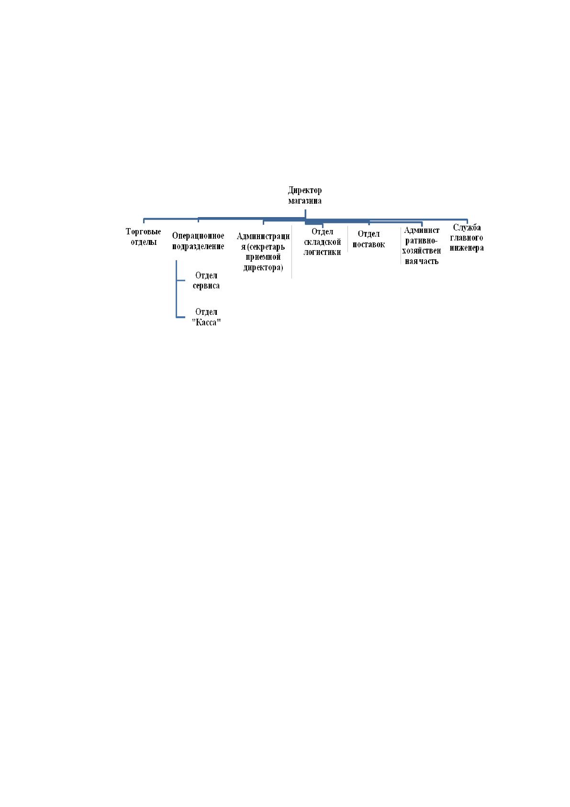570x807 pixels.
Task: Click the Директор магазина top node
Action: coord(305,195)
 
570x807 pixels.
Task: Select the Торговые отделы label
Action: coord(143,236)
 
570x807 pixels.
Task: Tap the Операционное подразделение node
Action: coord(198,241)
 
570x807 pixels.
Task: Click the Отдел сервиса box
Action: coord(206,280)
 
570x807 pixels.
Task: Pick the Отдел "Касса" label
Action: coord(206,317)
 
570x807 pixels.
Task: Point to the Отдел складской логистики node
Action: coord(322,242)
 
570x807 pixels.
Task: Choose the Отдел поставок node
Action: coord(369,239)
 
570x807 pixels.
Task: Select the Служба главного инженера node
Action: coord(466,238)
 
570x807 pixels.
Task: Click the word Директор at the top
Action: coord(305,190)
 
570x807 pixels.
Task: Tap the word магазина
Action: coord(305,201)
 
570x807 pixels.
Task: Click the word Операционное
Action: coord(198,236)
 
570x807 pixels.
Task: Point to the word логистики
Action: coord(322,252)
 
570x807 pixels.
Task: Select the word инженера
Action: coord(466,248)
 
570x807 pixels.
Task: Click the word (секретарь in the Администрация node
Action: coord(266,247)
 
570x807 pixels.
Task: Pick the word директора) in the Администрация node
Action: coord(263,268)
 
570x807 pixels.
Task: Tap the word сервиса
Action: coord(206,286)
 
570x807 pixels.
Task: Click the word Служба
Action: coord(467,228)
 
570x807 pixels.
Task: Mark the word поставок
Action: coord(369,244)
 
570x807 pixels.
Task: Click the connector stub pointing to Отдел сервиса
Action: coord(180,280)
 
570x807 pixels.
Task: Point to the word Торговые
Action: coord(143,231)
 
